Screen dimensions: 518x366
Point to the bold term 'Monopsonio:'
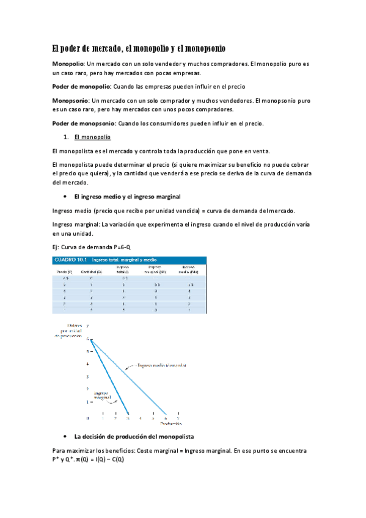point(71,100)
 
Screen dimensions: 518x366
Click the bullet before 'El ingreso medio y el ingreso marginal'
point(65,197)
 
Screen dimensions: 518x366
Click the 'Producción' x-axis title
point(172,423)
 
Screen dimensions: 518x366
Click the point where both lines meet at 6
point(90,338)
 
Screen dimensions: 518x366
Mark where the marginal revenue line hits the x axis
point(128,415)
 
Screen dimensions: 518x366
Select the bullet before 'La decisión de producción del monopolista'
point(65,437)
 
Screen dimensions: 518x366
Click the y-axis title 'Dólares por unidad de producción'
point(66,330)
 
